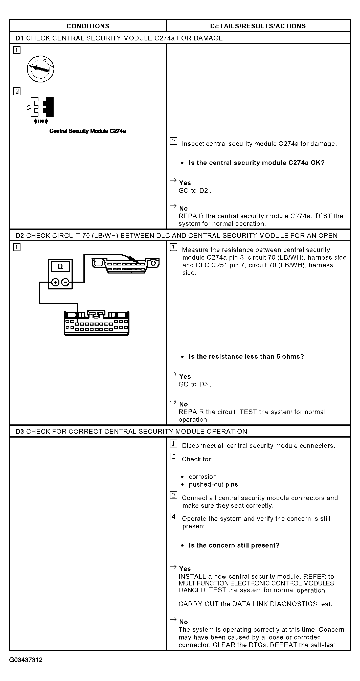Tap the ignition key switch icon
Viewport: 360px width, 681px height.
pyautogui.click(x=40, y=69)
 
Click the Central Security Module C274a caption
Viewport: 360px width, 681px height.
pyautogui.click(x=87, y=131)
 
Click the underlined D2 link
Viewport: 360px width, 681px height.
pyautogui.click(x=204, y=191)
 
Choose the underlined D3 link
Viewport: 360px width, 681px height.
pyautogui.click(x=204, y=384)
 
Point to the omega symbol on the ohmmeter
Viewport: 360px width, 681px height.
pyautogui.click(x=60, y=266)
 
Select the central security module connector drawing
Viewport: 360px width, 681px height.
pyautogui.click(x=97, y=323)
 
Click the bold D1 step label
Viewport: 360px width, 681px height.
pyautogui.click(x=19, y=38)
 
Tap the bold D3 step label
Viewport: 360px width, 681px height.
pyautogui.click(x=19, y=432)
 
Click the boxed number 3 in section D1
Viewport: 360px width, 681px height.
pyautogui.click(x=173, y=141)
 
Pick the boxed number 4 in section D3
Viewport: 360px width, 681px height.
pyautogui.click(x=173, y=516)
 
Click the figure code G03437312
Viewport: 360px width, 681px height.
pyautogui.click(x=26, y=660)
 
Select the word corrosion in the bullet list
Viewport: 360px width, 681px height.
pyautogui.click(x=202, y=477)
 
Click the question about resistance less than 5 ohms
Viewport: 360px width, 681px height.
pyautogui.click(x=246, y=357)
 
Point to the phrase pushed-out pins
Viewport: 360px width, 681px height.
pyautogui.click(x=213, y=484)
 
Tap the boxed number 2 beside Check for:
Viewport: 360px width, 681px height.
pyautogui.click(x=173, y=457)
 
